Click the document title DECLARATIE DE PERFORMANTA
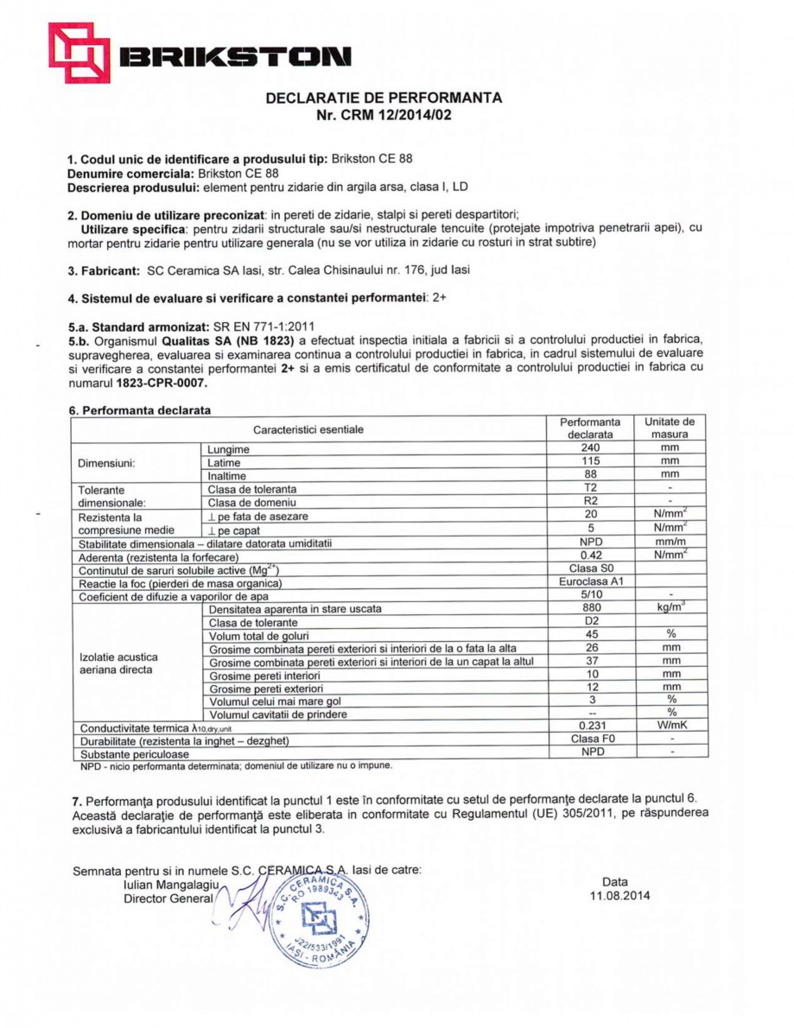[384, 98]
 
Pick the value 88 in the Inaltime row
[590, 475]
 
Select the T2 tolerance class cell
[590, 488]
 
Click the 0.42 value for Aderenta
[590, 555]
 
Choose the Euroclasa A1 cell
[591, 581]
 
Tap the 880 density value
[590, 608]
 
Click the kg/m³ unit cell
[670, 608]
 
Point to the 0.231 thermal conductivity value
[590, 727]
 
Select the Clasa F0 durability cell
[591, 739]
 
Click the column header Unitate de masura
[670, 428]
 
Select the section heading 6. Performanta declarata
[139, 410]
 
